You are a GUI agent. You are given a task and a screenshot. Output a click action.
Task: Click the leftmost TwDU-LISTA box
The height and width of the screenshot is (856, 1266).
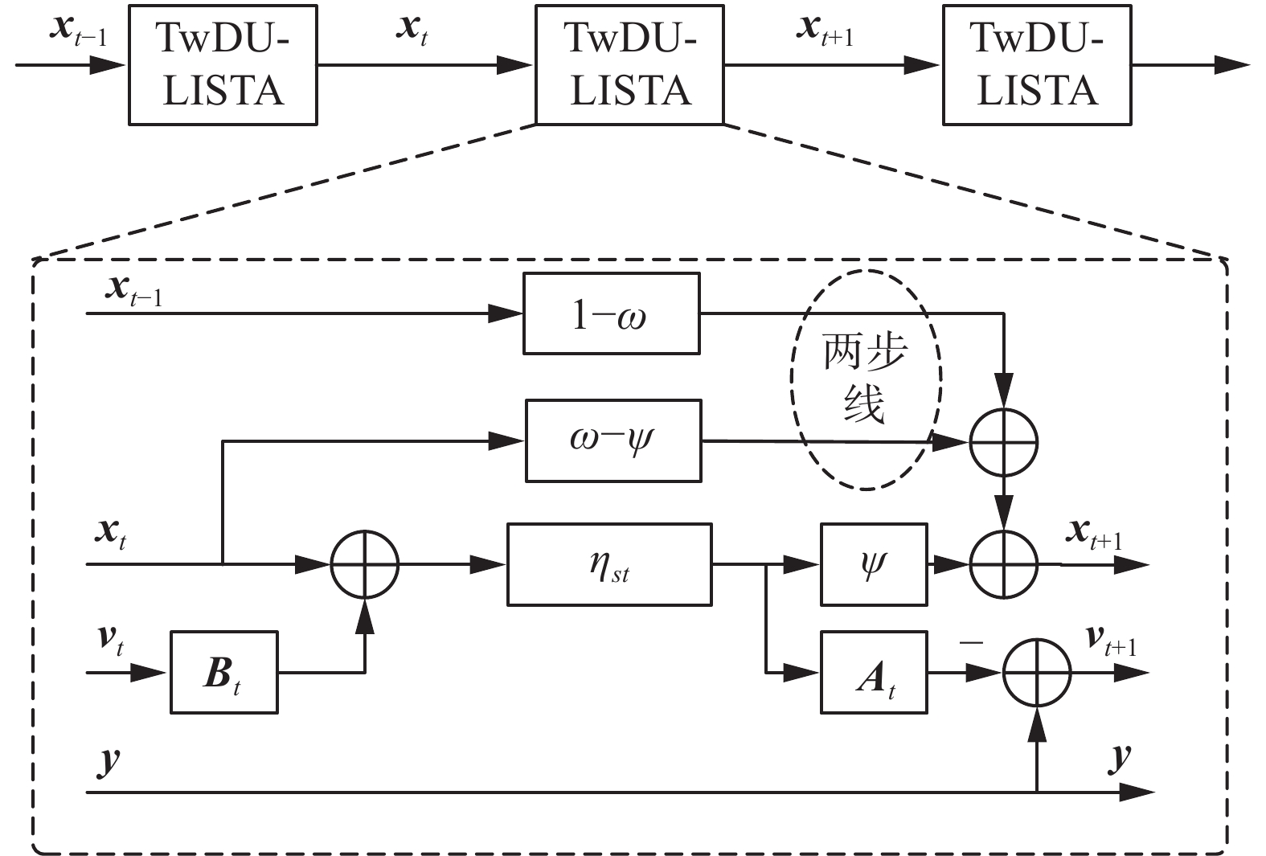coord(223,64)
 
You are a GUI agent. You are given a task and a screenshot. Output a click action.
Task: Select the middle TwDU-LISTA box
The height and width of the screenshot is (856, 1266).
coord(629,64)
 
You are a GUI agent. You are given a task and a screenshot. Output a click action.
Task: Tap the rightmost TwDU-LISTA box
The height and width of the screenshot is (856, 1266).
coord(1037,64)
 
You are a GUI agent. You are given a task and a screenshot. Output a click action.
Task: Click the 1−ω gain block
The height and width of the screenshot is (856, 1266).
coord(611,313)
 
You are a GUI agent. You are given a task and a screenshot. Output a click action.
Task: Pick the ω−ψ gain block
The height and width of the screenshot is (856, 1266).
coord(613,440)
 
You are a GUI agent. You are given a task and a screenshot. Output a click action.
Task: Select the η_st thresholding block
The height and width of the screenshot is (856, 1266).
coord(608,564)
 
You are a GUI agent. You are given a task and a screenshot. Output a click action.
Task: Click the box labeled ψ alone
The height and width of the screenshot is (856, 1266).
coord(873,564)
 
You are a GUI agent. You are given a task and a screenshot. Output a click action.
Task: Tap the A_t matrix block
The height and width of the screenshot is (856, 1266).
coord(873,672)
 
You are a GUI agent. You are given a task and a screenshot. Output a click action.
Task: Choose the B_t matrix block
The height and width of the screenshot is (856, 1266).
coord(223,672)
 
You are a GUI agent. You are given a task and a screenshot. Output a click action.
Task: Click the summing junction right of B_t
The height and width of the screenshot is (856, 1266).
coord(365,564)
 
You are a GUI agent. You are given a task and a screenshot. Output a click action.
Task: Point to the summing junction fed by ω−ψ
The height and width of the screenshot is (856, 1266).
coord(1004,441)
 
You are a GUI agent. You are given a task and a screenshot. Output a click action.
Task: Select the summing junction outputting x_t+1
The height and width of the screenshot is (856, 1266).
coord(1004,564)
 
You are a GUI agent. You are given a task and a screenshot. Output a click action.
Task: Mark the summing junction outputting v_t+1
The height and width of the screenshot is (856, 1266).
coord(1037,672)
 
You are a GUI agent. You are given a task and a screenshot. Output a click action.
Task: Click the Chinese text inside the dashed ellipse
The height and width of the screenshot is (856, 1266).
coord(865,378)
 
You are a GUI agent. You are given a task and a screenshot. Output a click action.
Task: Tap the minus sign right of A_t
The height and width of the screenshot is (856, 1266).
coord(971,644)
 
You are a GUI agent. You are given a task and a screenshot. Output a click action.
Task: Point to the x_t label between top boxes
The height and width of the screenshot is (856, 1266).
coord(412,31)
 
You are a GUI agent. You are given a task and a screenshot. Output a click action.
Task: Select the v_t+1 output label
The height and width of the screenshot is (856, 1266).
coord(1111,641)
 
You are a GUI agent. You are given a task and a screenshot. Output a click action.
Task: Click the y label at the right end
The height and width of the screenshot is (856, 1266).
coord(1119,758)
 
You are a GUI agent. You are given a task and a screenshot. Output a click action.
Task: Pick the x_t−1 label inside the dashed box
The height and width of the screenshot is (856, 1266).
coord(133,290)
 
